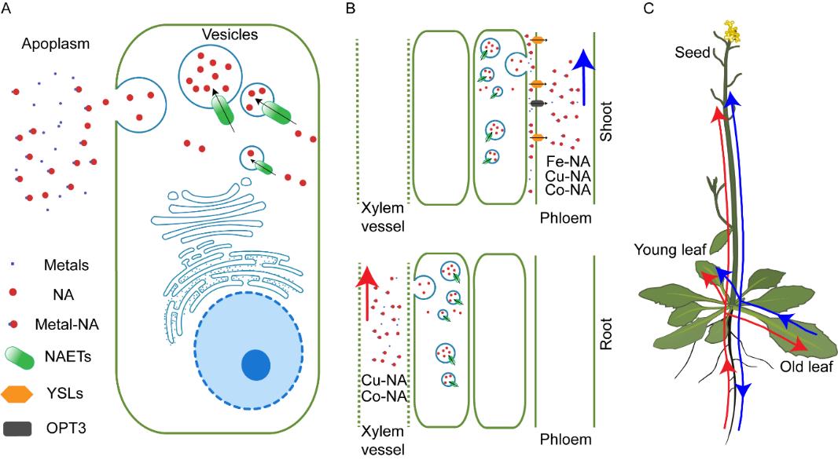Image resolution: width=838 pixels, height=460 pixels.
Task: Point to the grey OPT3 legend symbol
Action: click(x=24, y=429)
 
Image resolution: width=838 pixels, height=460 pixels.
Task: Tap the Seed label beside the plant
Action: click(x=693, y=53)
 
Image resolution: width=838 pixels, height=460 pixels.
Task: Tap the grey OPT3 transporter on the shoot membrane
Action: click(x=537, y=103)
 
